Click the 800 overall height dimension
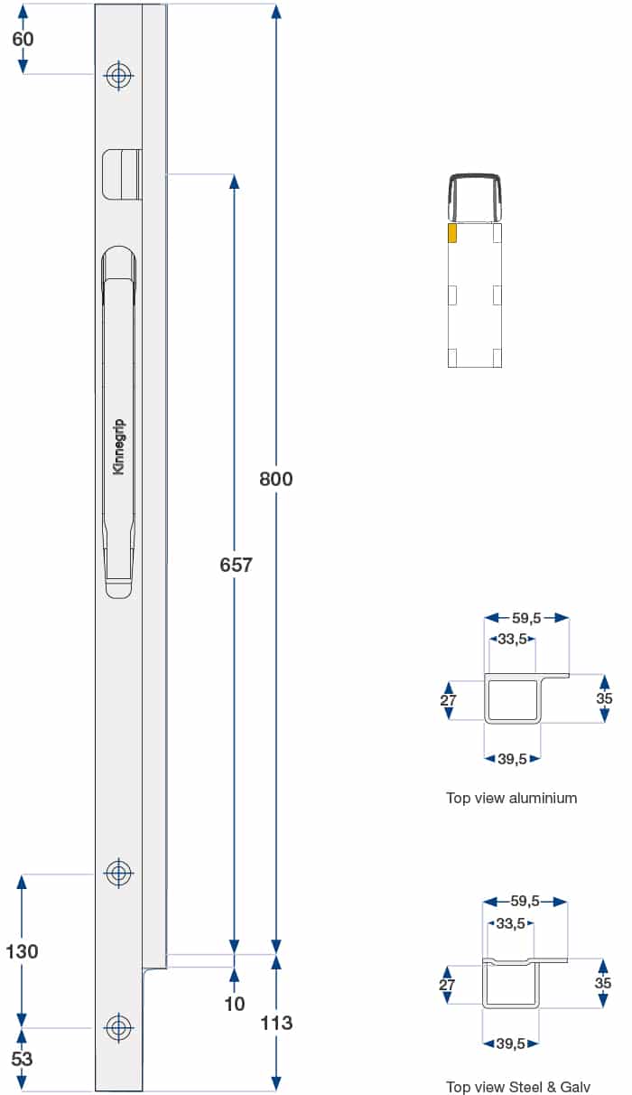click(x=276, y=479)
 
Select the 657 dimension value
click(x=236, y=566)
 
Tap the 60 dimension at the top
click(x=23, y=39)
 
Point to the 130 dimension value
click(x=23, y=950)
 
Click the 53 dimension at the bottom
click(x=23, y=1059)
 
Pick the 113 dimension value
click(x=276, y=1023)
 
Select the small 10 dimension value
click(x=235, y=1004)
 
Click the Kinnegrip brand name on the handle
click(x=119, y=447)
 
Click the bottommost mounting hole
click(x=118, y=1027)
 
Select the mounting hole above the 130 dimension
click(x=118, y=874)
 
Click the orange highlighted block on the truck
click(x=452, y=233)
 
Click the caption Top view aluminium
click(x=511, y=798)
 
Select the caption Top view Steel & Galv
click(x=518, y=1087)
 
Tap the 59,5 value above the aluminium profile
click(x=526, y=618)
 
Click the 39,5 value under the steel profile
click(x=511, y=1044)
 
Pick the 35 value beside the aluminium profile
click(x=604, y=698)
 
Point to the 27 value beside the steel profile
click(x=448, y=985)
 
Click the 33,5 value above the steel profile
click(x=511, y=923)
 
